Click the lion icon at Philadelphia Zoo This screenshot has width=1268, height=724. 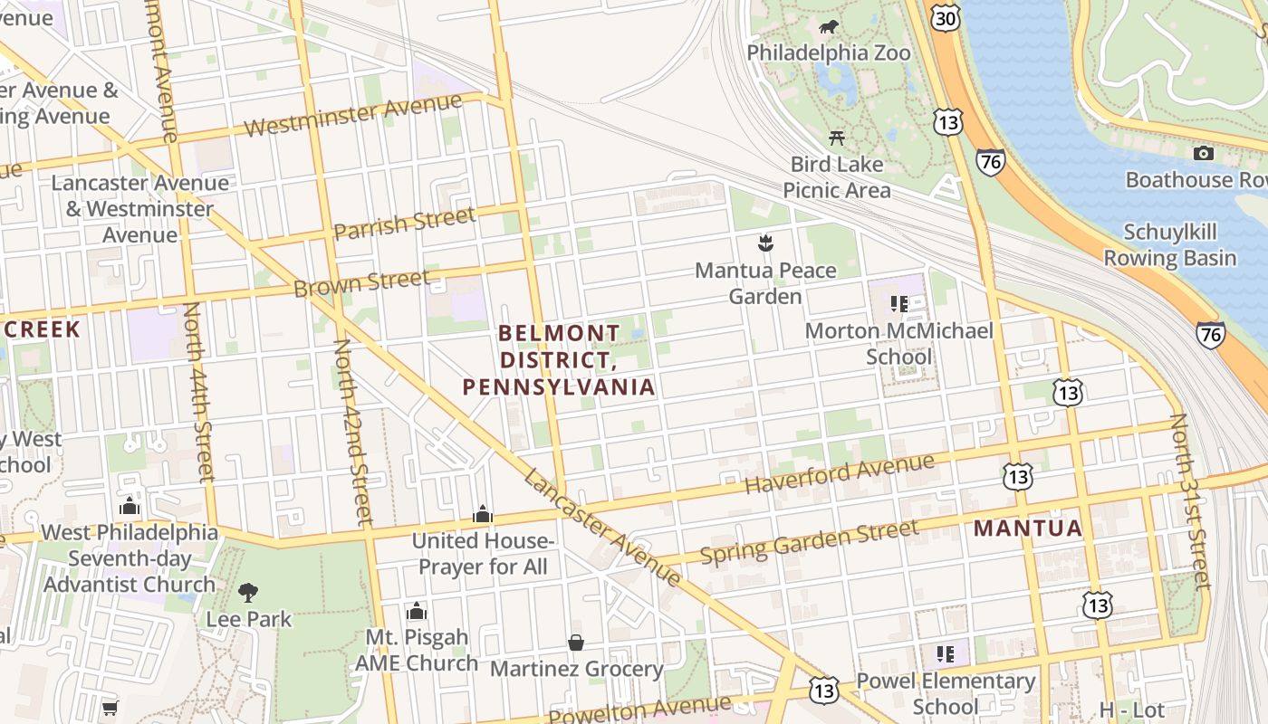click(828, 27)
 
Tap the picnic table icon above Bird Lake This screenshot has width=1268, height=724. click(837, 138)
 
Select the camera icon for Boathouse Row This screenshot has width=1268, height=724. click(1203, 153)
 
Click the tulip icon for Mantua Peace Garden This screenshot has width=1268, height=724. click(766, 243)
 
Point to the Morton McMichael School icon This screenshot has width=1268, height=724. click(899, 303)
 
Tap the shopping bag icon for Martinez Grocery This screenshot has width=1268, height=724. click(576, 643)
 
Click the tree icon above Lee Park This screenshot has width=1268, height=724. click(248, 593)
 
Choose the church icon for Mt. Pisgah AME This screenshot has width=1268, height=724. click(417, 611)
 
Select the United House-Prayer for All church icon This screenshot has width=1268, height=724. click(483, 514)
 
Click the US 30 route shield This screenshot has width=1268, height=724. click(944, 17)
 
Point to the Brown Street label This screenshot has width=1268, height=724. click(361, 283)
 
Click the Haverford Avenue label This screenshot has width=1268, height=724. click(839, 474)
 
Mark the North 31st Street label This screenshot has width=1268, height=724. click(1190, 501)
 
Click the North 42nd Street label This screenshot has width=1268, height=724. click(352, 433)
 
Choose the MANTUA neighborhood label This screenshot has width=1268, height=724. click(1028, 529)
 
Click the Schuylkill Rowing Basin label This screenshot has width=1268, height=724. click(1169, 245)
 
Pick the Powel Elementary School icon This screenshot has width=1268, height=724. click(946, 653)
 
